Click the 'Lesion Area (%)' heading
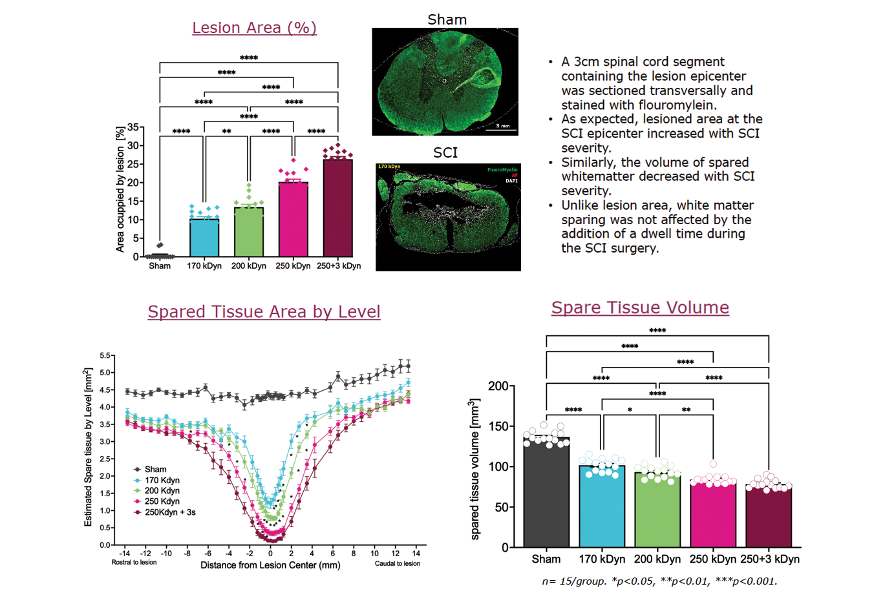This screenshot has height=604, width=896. click(254, 28)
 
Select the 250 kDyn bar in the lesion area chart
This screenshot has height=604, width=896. click(293, 220)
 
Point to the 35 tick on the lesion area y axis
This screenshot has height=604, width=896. click(133, 127)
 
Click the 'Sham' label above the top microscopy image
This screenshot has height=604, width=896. click(447, 19)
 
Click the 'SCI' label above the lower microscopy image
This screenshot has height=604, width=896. click(445, 152)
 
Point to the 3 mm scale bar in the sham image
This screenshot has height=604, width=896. click(502, 128)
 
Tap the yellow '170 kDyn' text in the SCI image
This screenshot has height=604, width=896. click(389, 167)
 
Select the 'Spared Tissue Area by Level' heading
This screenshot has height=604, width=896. click(264, 311)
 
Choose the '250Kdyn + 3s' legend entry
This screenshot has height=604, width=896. click(169, 512)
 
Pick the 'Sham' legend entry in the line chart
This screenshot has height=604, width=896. click(155, 469)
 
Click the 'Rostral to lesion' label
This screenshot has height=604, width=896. click(134, 563)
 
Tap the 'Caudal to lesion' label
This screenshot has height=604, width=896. click(398, 563)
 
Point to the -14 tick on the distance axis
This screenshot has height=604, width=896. click(125, 553)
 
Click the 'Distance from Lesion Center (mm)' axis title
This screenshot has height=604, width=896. click(270, 565)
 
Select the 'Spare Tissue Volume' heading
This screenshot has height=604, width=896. click(640, 307)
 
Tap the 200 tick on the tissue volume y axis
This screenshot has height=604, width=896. click(498, 386)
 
